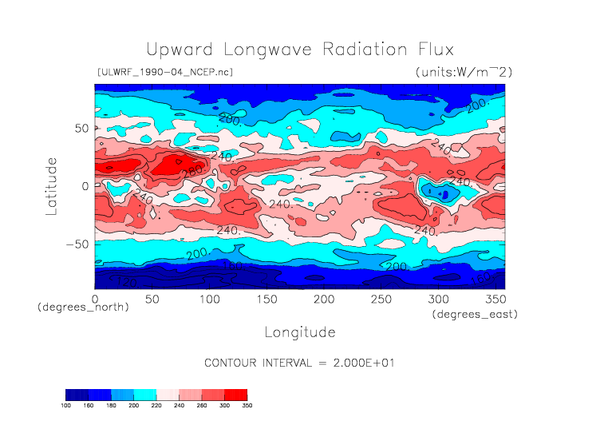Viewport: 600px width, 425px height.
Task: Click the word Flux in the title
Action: coord(432,50)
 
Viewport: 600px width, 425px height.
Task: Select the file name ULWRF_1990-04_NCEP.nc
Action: coord(164,73)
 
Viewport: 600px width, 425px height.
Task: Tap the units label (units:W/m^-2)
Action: coord(464,73)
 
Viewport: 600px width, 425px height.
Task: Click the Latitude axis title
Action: coord(52,185)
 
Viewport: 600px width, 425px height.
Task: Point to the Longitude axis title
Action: coord(300,332)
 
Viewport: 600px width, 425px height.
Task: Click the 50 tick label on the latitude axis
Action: coord(81,128)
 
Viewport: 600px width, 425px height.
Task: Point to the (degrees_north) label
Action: coord(83,308)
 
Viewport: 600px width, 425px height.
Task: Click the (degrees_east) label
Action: coord(476,315)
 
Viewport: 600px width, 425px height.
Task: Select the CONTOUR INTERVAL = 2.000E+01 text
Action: coord(300,363)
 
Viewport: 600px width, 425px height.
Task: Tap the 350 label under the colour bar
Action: coord(247,406)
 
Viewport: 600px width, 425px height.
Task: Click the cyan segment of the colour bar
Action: coord(145,395)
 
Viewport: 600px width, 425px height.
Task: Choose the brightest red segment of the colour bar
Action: coord(236,395)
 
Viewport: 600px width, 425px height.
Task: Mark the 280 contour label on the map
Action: coord(192,172)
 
